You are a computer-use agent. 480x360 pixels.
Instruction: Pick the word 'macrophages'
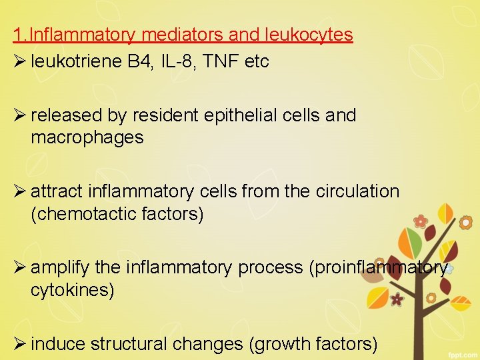(x=87, y=138)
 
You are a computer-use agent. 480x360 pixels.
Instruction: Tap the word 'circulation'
(x=357, y=191)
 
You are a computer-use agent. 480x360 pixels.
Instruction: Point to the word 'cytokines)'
(x=73, y=290)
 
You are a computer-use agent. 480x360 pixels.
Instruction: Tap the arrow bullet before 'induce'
(x=19, y=344)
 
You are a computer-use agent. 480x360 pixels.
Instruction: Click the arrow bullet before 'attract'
(x=19, y=191)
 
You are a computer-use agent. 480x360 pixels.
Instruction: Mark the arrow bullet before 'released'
(x=19, y=115)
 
